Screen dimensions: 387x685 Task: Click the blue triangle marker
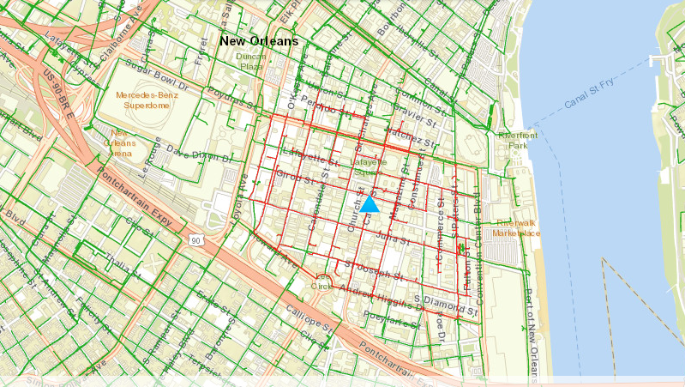[370, 204]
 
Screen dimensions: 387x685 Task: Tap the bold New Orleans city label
[258, 41]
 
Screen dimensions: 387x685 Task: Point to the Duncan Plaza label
[251, 61]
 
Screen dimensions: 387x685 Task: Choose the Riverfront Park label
[517, 141]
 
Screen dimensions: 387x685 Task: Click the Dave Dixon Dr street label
[199, 154]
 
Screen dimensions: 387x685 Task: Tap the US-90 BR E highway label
[63, 94]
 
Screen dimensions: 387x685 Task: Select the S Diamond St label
[445, 304]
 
